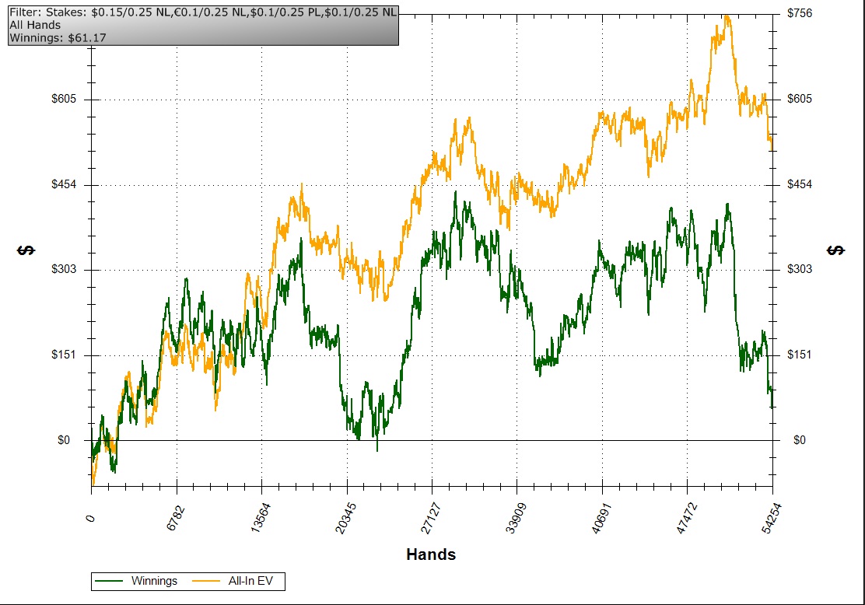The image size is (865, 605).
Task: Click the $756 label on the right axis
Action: click(x=800, y=13)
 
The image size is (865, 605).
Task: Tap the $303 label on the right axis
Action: click(x=800, y=269)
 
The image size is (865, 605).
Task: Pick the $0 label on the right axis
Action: click(x=800, y=440)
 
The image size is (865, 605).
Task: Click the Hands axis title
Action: click(x=431, y=554)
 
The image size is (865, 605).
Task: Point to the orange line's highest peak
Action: click(x=727, y=15)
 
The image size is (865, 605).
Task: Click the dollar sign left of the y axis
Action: click(x=26, y=250)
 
